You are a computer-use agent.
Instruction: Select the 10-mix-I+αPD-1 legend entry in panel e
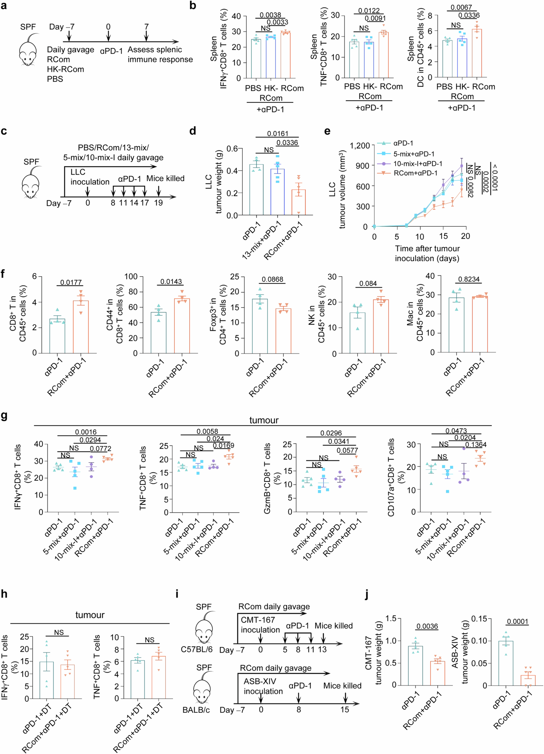(417, 164)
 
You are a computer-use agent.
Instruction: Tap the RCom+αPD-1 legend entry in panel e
(415, 173)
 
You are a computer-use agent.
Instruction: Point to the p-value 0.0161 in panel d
(278, 134)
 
